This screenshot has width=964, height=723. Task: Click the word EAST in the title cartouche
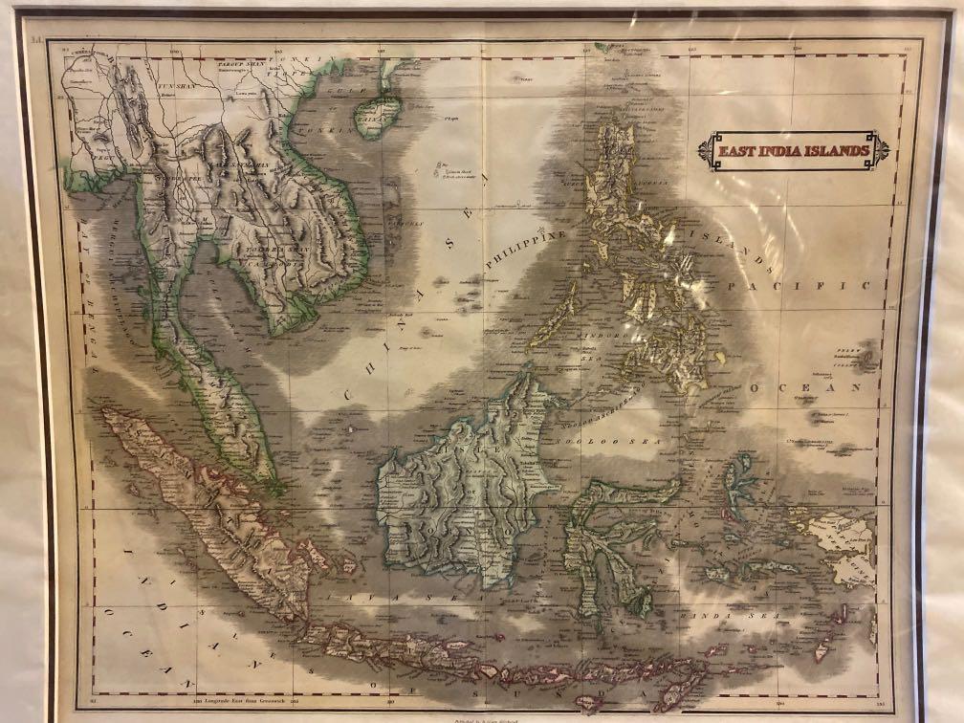click(x=738, y=151)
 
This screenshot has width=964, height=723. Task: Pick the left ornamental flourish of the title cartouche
click(x=707, y=150)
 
